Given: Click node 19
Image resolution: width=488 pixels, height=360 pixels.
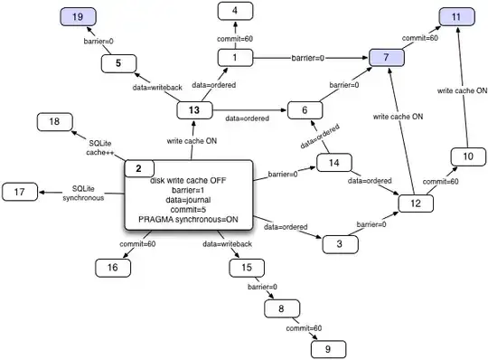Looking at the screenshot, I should (79, 16).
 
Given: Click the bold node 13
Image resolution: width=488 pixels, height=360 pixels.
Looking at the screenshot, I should (193, 110).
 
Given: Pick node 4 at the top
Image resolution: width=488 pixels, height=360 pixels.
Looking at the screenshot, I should (235, 12).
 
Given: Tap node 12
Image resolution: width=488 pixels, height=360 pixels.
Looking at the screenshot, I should (416, 204).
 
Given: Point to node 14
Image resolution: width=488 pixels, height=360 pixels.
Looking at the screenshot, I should (334, 164).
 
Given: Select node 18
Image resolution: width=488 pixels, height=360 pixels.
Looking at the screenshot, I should (54, 121).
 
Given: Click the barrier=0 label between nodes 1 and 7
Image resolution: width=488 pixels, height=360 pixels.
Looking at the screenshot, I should (309, 58).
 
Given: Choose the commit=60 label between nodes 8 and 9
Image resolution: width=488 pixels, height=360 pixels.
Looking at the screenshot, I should (302, 327).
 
